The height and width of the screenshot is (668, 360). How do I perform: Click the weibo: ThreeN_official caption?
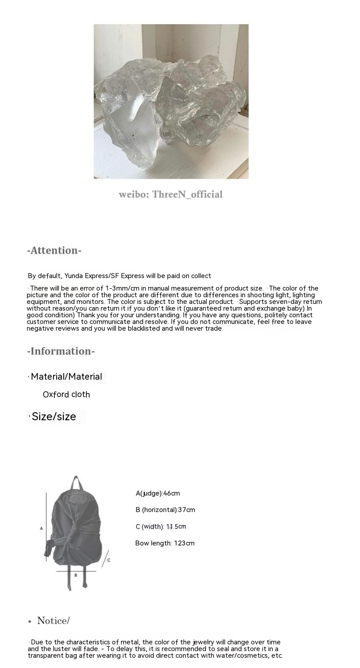(x=171, y=194)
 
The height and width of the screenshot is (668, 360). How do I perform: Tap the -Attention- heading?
(x=54, y=250)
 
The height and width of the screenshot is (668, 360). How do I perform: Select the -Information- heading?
(x=61, y=351)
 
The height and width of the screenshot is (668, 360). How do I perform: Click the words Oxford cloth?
(x=66, y=394)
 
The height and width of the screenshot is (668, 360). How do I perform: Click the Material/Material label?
(x=66, y=377)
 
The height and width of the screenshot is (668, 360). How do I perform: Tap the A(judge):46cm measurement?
(x=158, y=493)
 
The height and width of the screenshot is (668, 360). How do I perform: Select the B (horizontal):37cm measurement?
(x=165, y=510)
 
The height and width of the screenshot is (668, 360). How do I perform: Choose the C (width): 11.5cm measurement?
(x=161, y=527)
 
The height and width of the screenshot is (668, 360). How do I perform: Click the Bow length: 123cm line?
(x=165, y=543)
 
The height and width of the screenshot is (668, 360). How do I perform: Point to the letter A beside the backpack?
(x=41, y=529)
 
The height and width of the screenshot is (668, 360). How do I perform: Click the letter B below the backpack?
(x=76, y=575)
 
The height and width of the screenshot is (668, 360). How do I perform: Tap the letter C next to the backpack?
(x=109, y=560)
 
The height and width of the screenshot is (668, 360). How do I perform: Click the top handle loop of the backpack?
(x=76, y=483)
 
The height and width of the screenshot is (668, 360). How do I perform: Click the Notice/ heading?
(x=53, y=621)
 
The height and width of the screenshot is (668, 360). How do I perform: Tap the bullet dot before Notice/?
(x=29, y=622)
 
